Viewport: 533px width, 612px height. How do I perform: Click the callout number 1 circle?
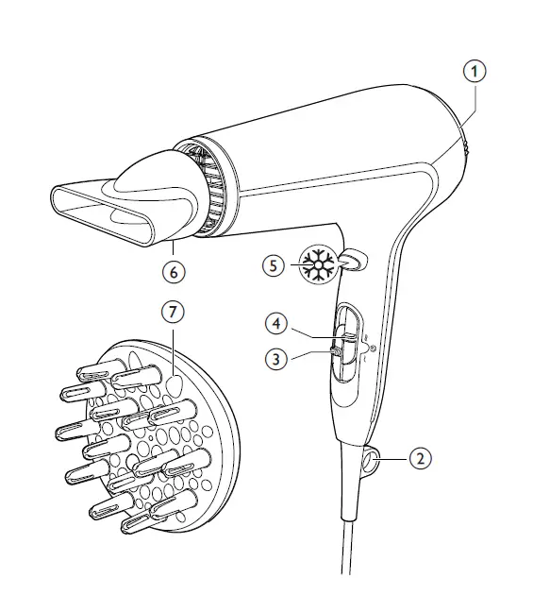pyautogui.click(x=477, y=70)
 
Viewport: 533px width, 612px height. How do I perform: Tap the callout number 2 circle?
pyautogui.click(x=422, y=459)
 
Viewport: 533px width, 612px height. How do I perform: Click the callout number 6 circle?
pyautogui.click(x=172, y=270)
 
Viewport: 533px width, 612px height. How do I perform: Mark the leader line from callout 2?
pyautogui.click(x=395, y=459)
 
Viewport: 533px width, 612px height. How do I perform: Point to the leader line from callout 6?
pyautogui.click(x=172, y=247)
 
